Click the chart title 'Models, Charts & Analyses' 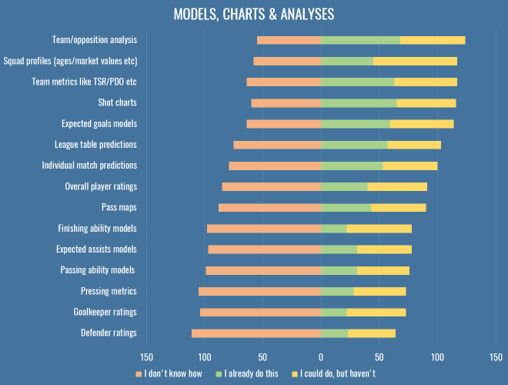click(x=254, y=15)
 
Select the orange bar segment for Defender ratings click(x=256, y=333)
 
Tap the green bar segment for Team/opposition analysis click(x=360, y=40)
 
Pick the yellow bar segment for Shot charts click(x=426, y=102)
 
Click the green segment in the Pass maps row click(x=346, y=207)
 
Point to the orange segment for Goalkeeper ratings click(x=260, y=312)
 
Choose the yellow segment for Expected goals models click(x=421, y=123)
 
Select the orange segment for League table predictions click(x=277, y=144)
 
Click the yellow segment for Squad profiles click(x=415, y=61)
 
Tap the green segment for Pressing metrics click(x=337, y=291)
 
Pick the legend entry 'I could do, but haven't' click(x=336, y=373)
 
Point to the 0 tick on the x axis click(x=321, y=357)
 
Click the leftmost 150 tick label click(x=146, y=357)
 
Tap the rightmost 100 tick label click(x=437, y=357)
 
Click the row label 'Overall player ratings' click(x=101, y=186)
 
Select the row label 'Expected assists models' click(x=96, y=249)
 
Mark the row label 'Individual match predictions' click(x=89, y=165)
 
